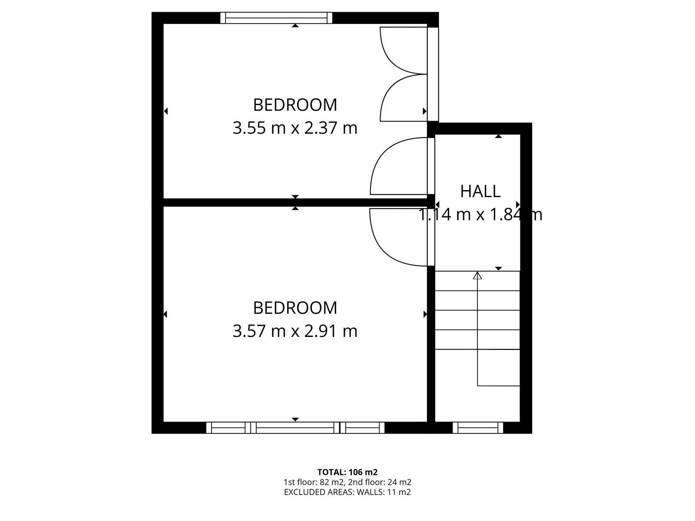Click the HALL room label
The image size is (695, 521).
tap(480, 191)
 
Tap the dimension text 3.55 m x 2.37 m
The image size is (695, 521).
tap(295, 129)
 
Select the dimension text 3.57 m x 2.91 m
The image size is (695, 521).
tap(295, 331)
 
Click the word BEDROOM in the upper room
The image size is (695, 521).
tap(295, 105)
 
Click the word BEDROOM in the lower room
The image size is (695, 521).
tap(295, 308)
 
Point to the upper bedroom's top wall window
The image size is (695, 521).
tap(276, 18)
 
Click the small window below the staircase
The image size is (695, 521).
tap(478, 428)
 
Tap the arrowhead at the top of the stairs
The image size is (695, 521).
tap(477, 275)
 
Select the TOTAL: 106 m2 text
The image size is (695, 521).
tap(347, 472)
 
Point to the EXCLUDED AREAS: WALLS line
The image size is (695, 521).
tap(347, 492)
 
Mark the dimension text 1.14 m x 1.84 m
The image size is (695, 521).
tap(480, 214)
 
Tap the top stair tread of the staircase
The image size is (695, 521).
tap(477, 281)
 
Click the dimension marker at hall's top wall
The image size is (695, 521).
tap(499, 137)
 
